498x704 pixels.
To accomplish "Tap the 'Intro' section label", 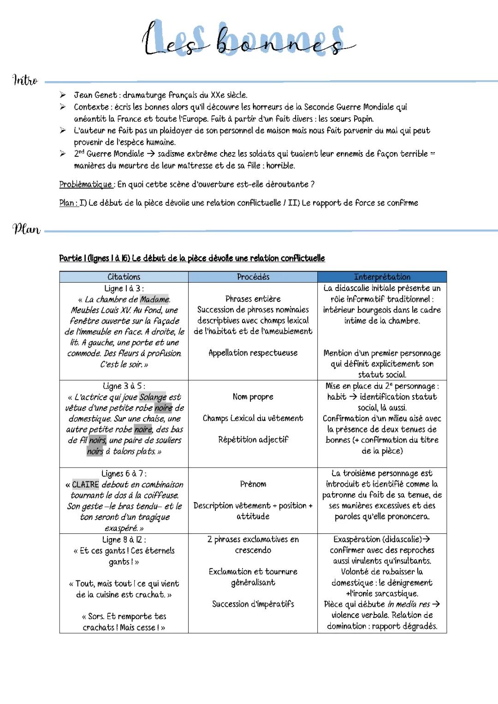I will [25, 80].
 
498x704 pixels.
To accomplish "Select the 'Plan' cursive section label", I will [26, 229].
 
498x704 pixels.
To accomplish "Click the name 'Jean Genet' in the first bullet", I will [95, 95].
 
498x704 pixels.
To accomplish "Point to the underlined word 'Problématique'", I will [86, 184].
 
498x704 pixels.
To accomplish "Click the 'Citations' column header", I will [124, 277].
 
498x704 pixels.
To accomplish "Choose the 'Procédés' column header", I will [253, 277].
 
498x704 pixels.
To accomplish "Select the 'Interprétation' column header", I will [382, 277].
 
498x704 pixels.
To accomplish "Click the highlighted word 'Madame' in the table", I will [154, 299].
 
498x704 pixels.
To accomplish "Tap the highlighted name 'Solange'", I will [153, 397].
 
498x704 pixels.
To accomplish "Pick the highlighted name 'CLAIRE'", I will [85, 485].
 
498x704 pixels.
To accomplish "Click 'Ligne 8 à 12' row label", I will [124, 539].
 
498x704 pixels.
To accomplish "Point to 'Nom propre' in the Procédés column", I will [253, 396].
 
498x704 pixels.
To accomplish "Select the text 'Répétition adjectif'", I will [253, 440].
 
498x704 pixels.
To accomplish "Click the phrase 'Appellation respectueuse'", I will [253, 353].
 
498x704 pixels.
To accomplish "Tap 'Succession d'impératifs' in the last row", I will [253, 604].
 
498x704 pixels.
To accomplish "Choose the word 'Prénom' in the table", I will [253, 484].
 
